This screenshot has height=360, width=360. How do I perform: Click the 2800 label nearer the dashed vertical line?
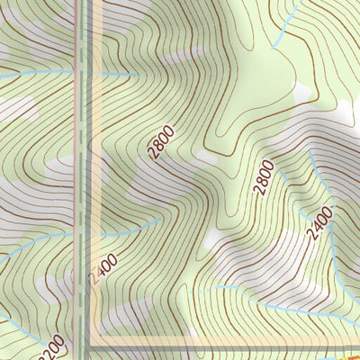point(164,142)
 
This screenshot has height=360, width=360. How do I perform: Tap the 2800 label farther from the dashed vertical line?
point(263,177)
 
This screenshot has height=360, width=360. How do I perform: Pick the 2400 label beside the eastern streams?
point(319,223)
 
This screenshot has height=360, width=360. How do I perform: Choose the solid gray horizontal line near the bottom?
point(225,345)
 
